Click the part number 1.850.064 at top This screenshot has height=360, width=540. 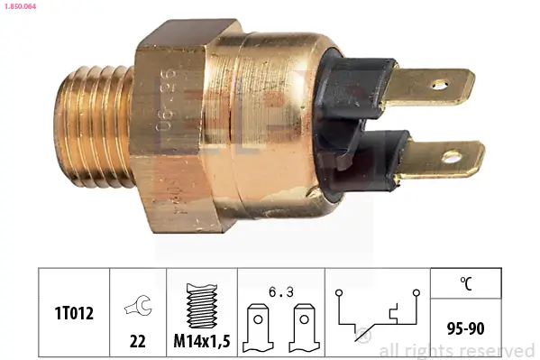pos(21,7)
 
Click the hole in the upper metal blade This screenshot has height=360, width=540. pos(439,86)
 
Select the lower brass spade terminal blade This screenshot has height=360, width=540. pos(441,159)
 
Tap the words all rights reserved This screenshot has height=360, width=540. pos(456,350)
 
